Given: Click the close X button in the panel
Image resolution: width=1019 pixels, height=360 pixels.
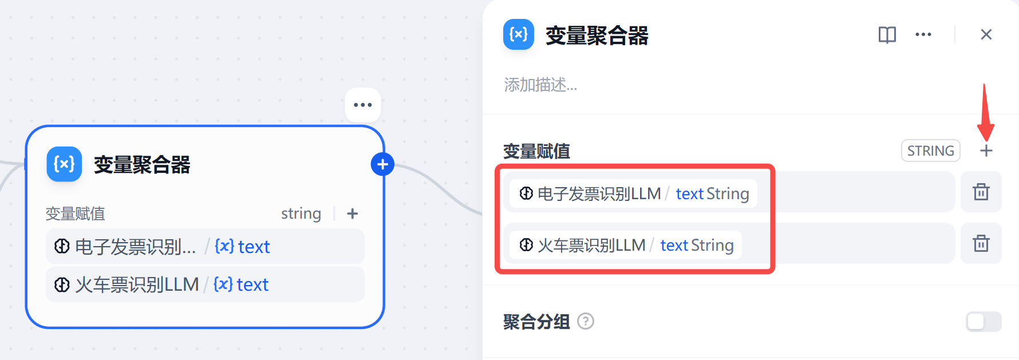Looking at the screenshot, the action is click(986, 34).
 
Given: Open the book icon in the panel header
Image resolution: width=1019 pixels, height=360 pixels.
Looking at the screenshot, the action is click(887, 35).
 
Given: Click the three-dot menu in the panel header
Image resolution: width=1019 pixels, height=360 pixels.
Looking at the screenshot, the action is click(923, 35).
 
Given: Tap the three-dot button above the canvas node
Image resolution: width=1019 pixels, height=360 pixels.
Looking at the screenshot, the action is click(362, 105).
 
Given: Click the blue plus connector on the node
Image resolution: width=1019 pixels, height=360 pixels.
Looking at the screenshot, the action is click(382, 165).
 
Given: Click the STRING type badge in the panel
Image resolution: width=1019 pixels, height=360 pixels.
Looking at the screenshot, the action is click(930, 151).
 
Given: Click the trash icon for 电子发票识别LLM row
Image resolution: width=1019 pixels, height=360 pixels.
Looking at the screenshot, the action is click(981, 192).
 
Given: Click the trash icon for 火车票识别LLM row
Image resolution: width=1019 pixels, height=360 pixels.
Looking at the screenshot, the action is click(981, 243).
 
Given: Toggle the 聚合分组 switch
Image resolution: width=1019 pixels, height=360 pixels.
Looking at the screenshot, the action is click(983, 322).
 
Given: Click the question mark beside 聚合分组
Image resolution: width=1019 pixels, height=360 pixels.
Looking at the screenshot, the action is click(586, 322).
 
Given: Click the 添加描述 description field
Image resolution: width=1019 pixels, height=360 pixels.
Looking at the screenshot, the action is click(540, 85).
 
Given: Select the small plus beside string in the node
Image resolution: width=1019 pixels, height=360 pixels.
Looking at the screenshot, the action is click(352, 213).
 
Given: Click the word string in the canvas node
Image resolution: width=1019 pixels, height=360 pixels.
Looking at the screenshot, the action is click(301, 213).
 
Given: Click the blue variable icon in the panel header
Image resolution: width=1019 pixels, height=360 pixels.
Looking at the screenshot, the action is click(519, 35).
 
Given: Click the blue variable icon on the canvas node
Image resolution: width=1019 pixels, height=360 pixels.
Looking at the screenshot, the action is click(64, 164).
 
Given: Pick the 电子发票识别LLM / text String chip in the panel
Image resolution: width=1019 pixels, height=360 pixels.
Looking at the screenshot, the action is click(633, 193).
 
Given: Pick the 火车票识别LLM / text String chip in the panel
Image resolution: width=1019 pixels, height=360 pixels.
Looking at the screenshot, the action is click(625, 245).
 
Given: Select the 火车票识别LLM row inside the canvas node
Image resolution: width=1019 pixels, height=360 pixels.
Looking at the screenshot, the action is click(205, 284).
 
